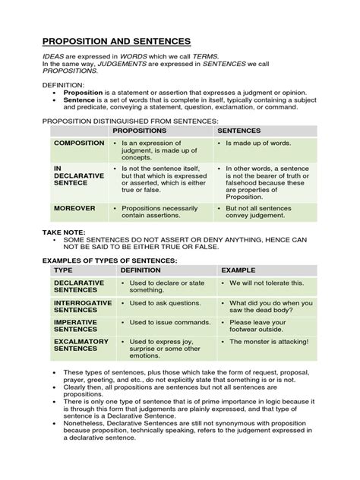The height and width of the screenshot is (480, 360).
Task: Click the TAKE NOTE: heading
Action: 65,232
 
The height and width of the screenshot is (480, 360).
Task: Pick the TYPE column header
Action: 63,270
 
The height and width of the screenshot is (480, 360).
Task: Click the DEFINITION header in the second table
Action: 141,270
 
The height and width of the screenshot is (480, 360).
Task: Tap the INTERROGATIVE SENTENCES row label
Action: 84,307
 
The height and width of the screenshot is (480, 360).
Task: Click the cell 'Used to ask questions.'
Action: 158,302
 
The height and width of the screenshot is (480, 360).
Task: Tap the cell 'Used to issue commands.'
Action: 161,322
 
